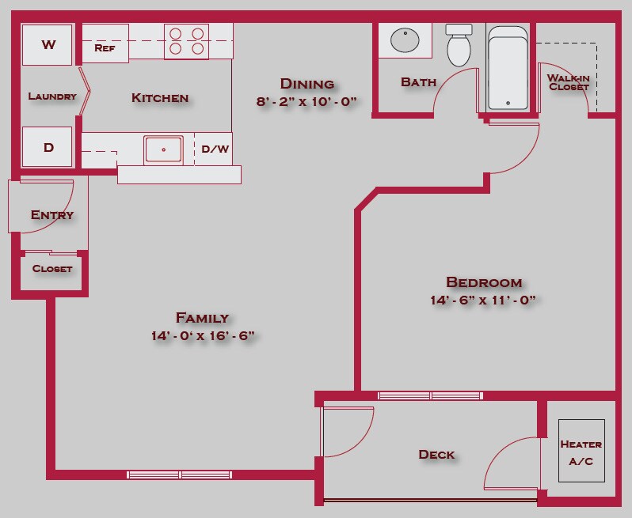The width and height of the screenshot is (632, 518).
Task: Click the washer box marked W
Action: (48, 45)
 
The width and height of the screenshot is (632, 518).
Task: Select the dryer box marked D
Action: (48, 147)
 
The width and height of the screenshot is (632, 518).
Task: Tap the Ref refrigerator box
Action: (105, 47)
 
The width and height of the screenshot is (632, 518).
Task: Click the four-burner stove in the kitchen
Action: (186, 41)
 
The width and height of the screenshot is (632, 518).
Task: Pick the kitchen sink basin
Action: (164, 149)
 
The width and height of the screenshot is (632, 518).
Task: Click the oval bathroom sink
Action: (405, 40)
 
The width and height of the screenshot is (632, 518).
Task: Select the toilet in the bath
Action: (459, 47)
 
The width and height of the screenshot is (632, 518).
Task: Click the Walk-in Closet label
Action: (568, 82)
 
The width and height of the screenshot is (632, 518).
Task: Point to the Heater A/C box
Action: (581, 452)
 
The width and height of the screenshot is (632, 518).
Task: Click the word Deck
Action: (436, 455)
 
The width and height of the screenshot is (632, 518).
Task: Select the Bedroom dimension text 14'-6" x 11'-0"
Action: (484, 301)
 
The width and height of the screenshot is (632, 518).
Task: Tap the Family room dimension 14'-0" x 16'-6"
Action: (203, 336)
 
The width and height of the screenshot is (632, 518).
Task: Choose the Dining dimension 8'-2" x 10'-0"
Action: (307, 101)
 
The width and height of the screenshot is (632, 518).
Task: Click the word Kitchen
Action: (160, 98)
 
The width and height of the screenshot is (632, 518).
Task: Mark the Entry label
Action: (52, 215)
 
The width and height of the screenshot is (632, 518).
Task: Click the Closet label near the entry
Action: (52, 269)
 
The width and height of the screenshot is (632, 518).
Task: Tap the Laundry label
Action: (52, 96)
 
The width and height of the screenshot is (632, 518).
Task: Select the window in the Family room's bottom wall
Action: (180, 475)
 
